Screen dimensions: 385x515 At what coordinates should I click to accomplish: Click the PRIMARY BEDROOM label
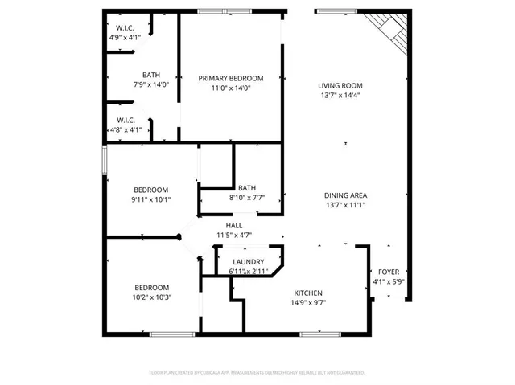231,78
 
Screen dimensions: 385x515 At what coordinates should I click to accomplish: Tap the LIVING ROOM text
340,85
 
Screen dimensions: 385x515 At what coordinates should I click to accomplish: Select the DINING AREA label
346,195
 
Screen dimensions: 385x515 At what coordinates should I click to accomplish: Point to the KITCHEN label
308,293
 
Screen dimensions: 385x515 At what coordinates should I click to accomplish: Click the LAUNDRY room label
249,262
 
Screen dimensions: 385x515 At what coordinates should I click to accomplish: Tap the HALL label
234,226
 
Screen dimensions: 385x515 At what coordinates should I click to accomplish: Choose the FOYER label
388,272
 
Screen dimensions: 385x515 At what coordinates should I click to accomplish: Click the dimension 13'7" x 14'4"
340,95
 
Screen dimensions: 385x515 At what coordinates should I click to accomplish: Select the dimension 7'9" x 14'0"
151,84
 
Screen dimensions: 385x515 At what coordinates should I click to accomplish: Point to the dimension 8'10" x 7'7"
247,197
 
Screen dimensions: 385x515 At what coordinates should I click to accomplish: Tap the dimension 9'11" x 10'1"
151,199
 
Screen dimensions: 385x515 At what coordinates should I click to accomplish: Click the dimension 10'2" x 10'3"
151,297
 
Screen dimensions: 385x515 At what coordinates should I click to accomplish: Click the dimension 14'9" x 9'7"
308,302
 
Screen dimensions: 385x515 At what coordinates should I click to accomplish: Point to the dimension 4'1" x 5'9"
388,282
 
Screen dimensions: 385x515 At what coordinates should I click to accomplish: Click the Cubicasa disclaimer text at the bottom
257,373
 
